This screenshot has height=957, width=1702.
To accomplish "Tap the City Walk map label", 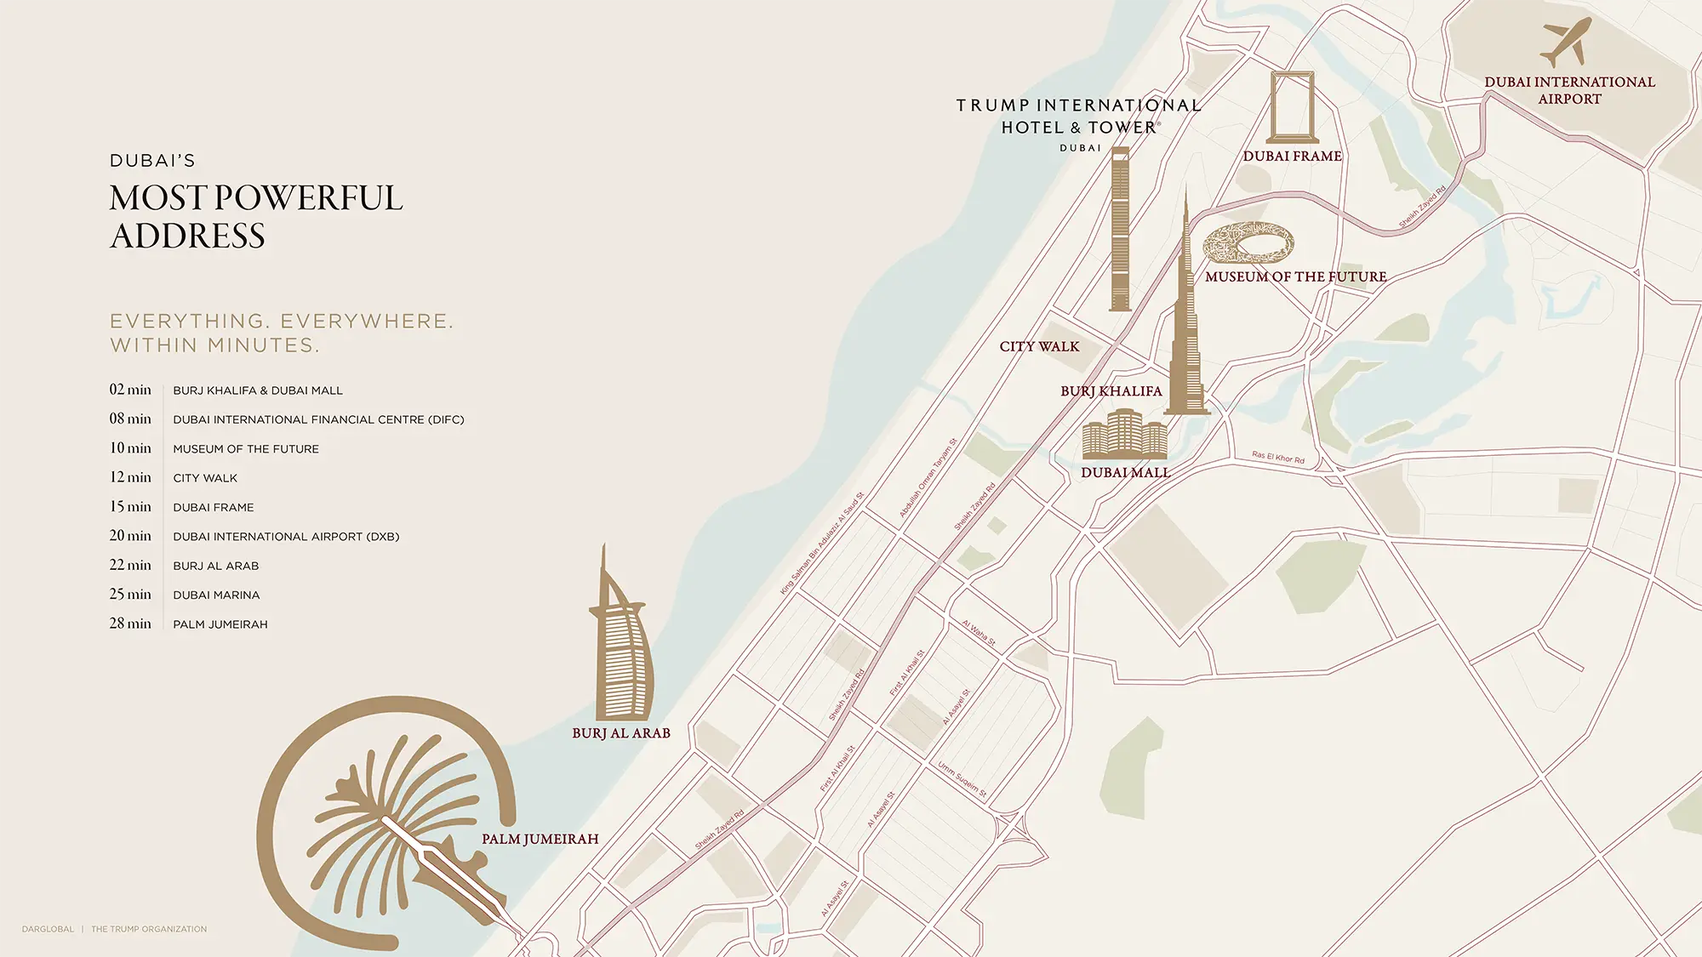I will point(1039,347).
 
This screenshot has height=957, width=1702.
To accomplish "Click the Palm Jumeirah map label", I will point(540,840).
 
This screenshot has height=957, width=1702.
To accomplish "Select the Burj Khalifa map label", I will point(1111,391).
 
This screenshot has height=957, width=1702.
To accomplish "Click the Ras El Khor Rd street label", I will point(1277,458).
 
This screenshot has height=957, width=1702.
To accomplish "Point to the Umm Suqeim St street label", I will point(962,780).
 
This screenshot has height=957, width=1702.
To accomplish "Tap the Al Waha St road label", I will point(979,634).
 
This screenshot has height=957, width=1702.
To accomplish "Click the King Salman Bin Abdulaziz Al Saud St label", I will point(822,544).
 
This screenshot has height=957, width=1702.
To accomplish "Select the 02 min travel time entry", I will point(130,390).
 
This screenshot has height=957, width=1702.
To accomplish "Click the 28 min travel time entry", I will point(130,624).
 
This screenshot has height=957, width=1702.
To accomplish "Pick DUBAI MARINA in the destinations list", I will point(216,595).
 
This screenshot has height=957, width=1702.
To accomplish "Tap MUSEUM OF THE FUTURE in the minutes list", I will point(246,449).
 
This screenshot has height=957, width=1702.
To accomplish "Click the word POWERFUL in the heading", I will point(309,198).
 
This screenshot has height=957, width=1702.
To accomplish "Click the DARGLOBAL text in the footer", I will point(48,929).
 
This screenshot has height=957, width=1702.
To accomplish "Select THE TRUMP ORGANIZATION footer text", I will point(149,929).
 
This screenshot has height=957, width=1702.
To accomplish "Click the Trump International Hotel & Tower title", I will point(1078,117).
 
